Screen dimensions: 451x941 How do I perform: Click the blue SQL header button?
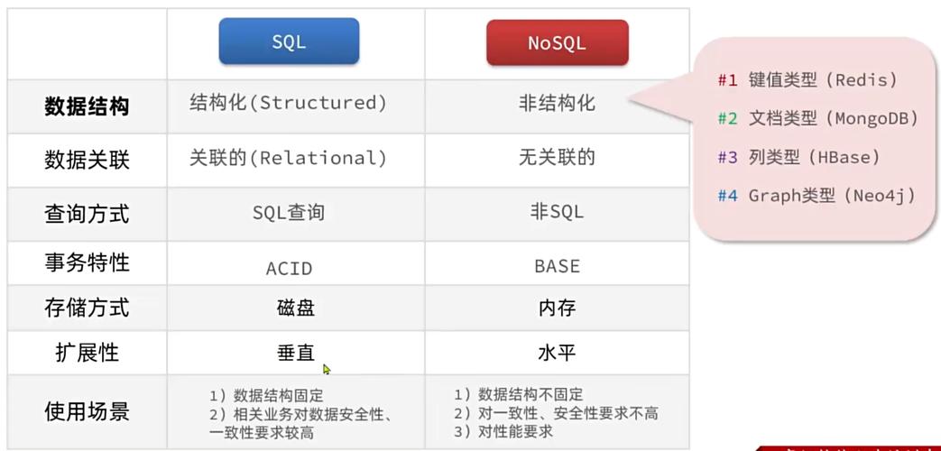tap(289, 41)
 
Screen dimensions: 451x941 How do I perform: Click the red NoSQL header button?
tap(557, 42)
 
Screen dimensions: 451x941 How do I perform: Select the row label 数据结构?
tap(87, 106)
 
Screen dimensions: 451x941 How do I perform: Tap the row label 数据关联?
tap(87, 160)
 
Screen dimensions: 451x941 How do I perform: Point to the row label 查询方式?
tap(87, 214)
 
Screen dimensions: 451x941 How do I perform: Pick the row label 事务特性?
tap(87, 262)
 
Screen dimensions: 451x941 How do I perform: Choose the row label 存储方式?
tap(87, 308)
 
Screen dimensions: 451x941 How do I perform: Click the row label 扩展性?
tap(87, 353)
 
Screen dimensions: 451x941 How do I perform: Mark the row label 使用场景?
tap(87, 411)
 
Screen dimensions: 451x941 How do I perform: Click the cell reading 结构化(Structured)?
tap(288, 103)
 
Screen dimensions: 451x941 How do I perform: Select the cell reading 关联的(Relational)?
tap(288, 159)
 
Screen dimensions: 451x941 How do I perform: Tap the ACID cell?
tap(289, 268)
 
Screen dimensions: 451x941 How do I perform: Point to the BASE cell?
tap(557, 267)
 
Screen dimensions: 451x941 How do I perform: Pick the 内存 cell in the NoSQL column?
tap(557, 308)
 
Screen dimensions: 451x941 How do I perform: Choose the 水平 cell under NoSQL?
tap(557, 353)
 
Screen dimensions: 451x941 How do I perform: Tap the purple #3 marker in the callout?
tap(727, 157)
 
